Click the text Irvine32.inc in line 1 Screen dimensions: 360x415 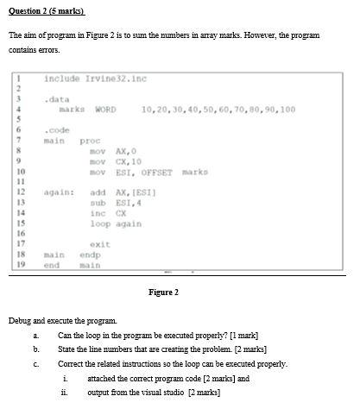[117, 79]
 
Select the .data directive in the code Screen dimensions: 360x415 [58, 99]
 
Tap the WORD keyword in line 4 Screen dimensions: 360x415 [105, 110]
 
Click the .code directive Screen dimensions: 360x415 [58, 130]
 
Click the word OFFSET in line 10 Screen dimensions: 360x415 [155, 171]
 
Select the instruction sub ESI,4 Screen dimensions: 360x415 [111, 202]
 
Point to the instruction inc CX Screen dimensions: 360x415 [104, 212]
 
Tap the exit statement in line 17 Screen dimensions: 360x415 [99, 244]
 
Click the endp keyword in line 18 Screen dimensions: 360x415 [90, 255]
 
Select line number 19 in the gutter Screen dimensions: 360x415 [16, 265]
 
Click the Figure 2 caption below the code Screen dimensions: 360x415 [163, 292]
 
